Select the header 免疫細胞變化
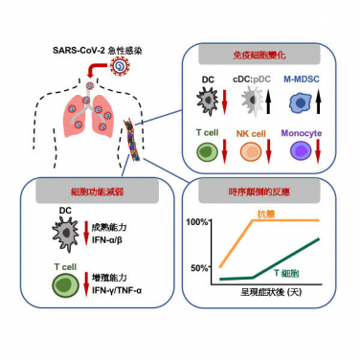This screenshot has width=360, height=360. pyautogui.click(x=258, y=56)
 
